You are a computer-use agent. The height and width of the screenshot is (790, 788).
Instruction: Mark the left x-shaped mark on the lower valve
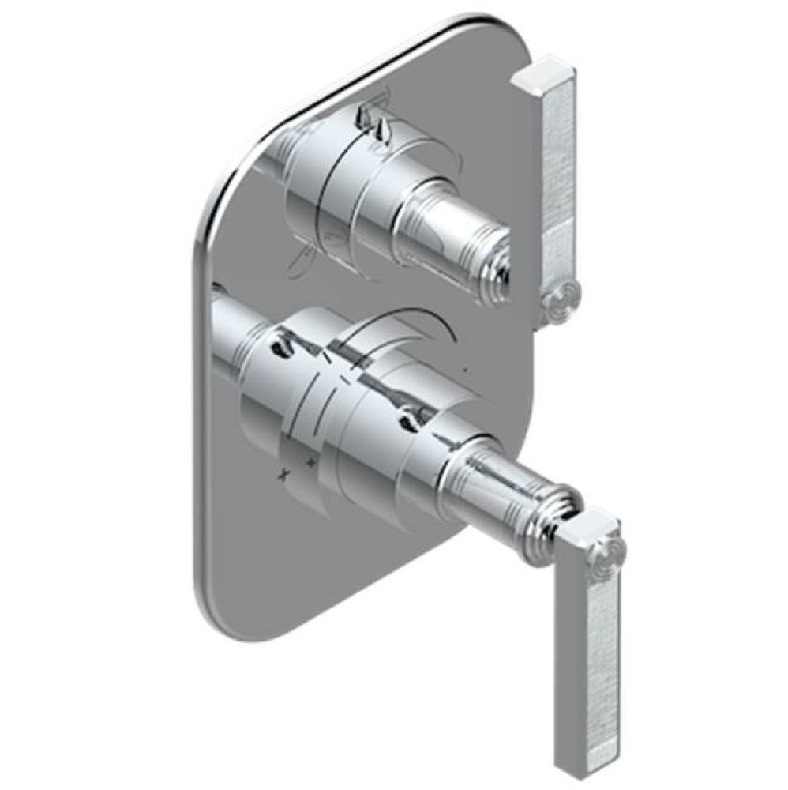click(282, 475)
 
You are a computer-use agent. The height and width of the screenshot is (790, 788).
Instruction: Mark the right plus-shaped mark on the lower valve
click(311, 461)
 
